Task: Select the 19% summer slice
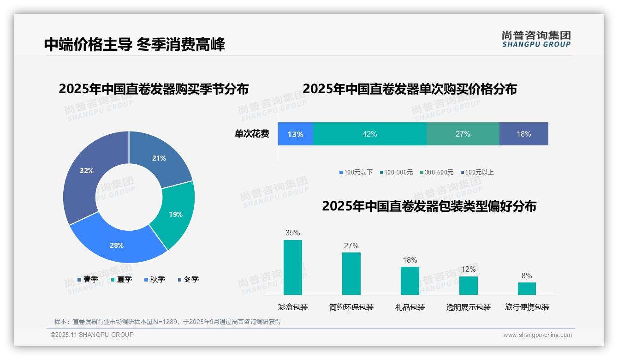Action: tap(176, 214)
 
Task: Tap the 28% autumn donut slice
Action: tap(117, 245)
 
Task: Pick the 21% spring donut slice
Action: tap(159, 158)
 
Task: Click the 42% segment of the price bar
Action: tap(370, 134)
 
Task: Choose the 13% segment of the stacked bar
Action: tap(295, 134)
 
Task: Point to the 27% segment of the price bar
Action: tap(463, 134)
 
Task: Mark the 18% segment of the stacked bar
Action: tap(523, 134)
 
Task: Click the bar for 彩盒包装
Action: tap(293, 267)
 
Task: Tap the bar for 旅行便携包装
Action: tap(527, 288)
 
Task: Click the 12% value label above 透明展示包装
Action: tap(468, 269)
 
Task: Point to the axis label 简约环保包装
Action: tap(351, 307)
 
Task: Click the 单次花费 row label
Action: tap(252, 134)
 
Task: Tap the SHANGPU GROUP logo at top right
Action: tap(536, 39)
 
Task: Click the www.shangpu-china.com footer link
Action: tap(537, 335)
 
